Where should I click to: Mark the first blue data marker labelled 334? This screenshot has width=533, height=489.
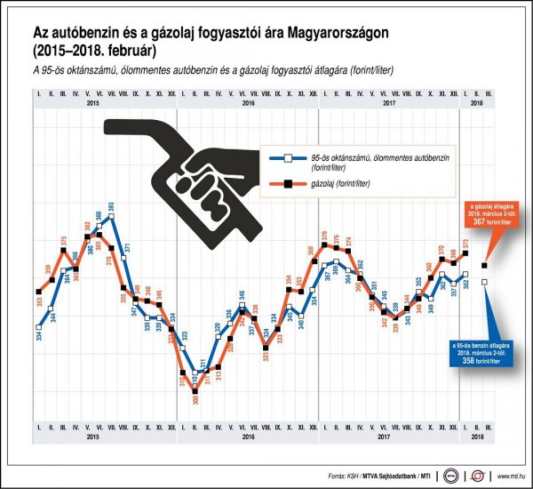[x=39, y=325]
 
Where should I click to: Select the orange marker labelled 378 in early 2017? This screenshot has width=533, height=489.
[x=323, y=246]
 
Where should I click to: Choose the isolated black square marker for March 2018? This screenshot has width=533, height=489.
[x=484, y=265]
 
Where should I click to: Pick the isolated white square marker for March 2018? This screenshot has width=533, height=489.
[x=484, y=283]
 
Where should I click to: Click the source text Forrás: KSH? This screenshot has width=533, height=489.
[x=346, y=476]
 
